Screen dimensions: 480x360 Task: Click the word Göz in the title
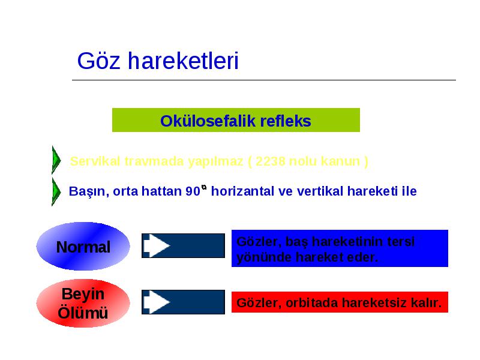coord(98,61)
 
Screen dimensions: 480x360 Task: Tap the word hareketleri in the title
coord(183,61)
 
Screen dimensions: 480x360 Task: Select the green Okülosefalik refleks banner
coord(236,120)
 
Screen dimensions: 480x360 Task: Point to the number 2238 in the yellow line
coord(270,161)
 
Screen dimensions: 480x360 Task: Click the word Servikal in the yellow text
coord(95,161)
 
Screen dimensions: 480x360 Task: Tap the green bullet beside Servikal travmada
coord(56,160)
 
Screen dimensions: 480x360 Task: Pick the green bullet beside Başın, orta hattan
coord(56,191)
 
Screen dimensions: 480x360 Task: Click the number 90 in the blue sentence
coord(193,191)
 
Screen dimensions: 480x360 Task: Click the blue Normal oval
coord(83,247)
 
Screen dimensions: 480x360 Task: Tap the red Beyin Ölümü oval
coord(83,303)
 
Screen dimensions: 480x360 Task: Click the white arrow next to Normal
coord(157,245)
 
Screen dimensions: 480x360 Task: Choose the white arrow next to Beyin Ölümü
coord(157,302)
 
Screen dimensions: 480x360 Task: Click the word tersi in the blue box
coord(400,242)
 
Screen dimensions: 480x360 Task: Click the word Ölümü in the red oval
coord(83,313)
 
